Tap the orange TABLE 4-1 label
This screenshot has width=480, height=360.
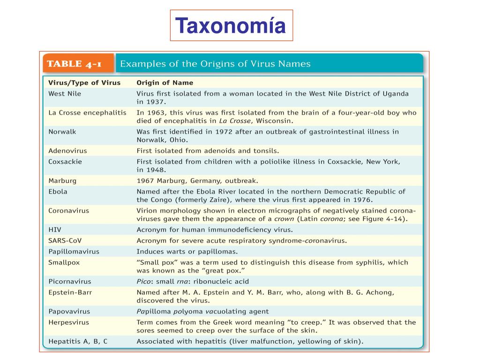(78, 64)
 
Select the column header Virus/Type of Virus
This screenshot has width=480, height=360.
(84, 83)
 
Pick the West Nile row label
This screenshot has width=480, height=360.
(65, 94)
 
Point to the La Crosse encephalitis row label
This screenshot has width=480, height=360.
(88, 113)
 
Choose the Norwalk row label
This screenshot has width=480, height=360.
(62, 132)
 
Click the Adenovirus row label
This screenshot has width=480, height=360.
(67, 151)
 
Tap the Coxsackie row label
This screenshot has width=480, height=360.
(65, 162)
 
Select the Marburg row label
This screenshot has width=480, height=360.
(62, 180)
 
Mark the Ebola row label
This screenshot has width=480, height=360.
(58, 191)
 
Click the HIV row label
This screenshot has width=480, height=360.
(55, 230)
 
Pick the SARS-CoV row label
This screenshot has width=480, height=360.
(65, 240)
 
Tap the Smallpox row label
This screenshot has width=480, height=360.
(64, 262)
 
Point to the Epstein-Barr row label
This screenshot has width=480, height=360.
(70, 292)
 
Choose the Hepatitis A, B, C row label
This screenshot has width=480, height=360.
(78, 341)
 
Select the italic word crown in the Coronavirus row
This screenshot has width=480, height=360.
(284, 218)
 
